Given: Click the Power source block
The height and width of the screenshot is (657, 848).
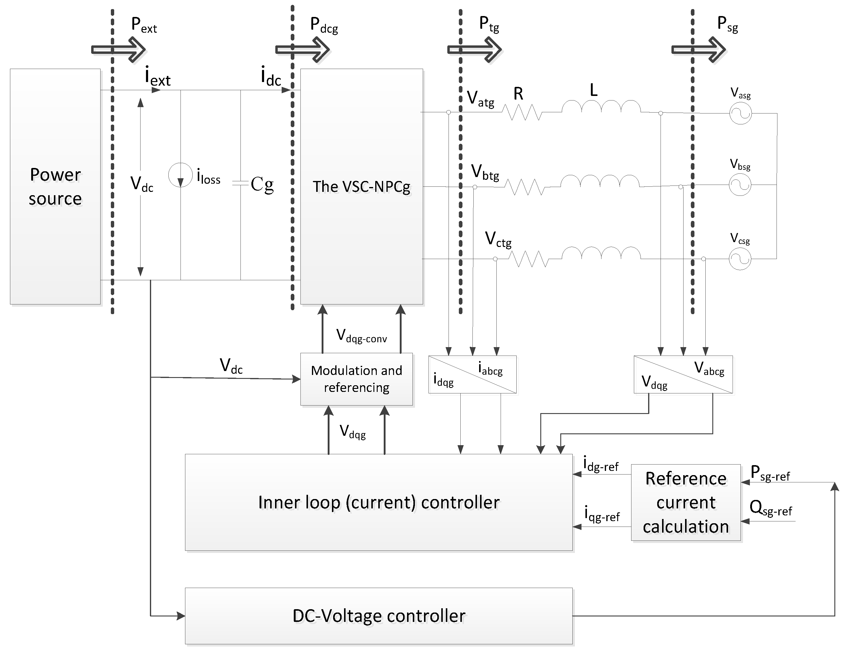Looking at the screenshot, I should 55,186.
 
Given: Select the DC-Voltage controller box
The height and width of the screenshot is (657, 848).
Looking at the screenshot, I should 379,616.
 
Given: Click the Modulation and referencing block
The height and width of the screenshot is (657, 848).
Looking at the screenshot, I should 356,379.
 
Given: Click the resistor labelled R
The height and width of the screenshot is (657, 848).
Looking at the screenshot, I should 522,112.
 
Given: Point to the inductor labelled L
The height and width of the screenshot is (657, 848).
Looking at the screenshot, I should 601,107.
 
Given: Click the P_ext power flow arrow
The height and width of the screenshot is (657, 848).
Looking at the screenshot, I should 119,50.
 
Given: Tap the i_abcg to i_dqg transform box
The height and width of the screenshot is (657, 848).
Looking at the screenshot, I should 472,374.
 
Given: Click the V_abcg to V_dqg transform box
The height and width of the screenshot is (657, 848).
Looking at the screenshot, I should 683,374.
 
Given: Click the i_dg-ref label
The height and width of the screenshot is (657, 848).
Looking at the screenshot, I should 601,465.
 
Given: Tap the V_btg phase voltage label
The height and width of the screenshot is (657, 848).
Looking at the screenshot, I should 485,173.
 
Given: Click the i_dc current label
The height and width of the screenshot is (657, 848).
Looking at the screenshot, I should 271,77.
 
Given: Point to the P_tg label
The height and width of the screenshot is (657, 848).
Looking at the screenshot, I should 489,24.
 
